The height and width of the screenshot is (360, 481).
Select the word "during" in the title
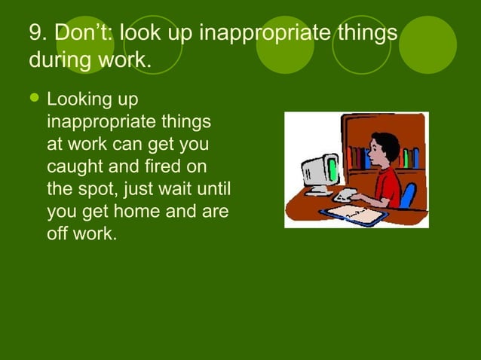coord(58,59)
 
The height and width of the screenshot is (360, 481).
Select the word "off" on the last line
coord(57,233)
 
